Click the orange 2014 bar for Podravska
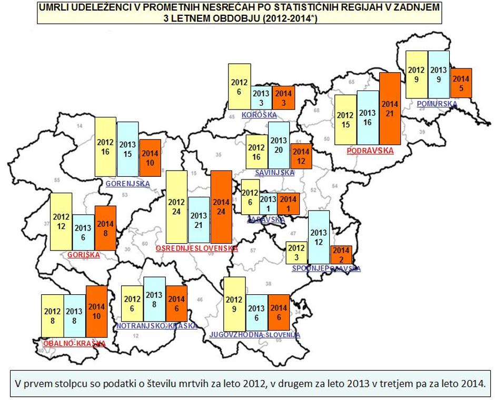[390, 108]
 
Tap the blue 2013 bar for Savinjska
[279, 145]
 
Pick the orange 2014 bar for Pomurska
[461, 83]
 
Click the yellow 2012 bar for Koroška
[239, 87]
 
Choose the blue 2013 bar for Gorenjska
[127, 149]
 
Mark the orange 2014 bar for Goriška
[105, 229]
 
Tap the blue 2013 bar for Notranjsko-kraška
[154, 299]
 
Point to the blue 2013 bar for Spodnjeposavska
[319, 236]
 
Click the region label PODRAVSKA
[370, 151]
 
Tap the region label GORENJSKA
[127, 184]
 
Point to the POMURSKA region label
[437, 104]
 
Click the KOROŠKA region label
[259, 115]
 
